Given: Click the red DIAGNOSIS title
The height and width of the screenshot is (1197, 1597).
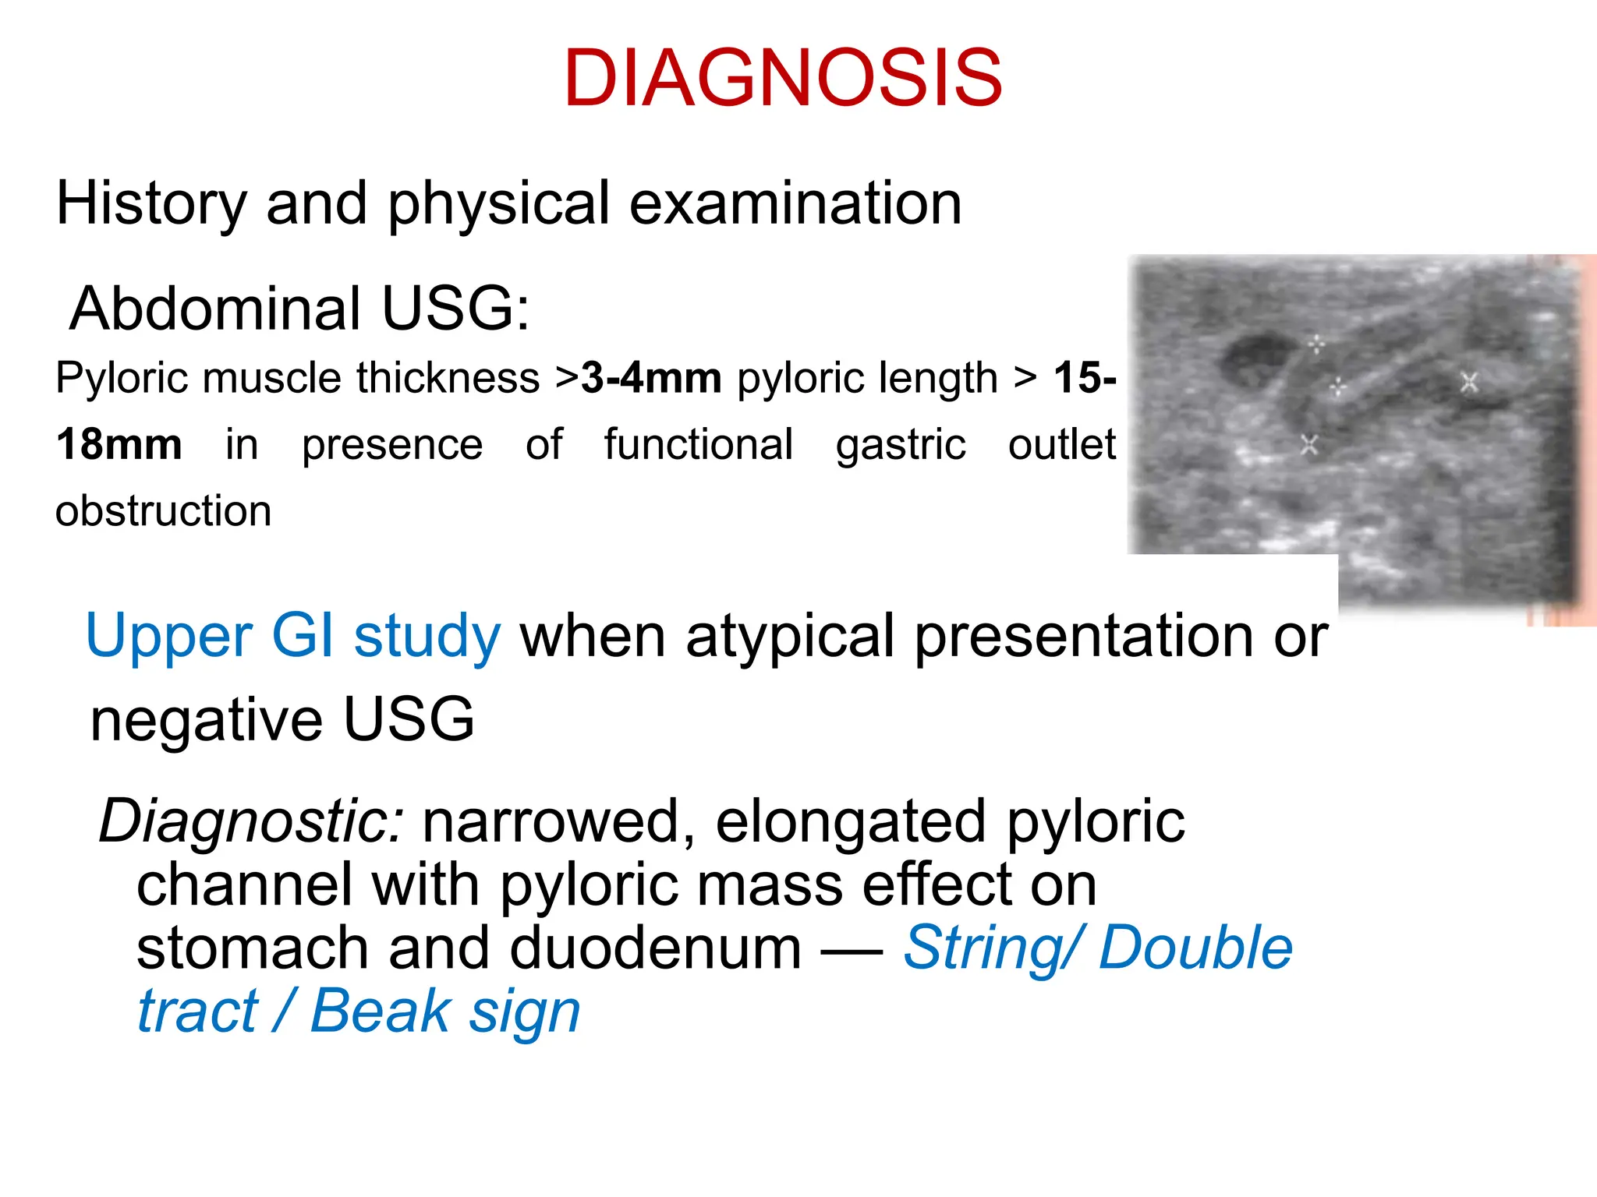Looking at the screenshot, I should point(783,79).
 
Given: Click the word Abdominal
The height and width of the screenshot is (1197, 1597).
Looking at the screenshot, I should point(215,309).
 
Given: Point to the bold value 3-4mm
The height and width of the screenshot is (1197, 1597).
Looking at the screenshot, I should point(652,378).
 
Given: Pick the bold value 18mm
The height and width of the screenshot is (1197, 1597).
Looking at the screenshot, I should point(119,445).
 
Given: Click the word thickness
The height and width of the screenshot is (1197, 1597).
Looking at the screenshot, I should point(448,378).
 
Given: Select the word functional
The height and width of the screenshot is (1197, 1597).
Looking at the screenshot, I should point(699,445).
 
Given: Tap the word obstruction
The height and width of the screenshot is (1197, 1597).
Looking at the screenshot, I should point(164,511).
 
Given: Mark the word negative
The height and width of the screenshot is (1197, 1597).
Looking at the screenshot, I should point(207,719).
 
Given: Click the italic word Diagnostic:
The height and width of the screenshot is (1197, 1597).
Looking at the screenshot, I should point(252,821).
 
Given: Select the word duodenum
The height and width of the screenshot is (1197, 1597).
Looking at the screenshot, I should point(655,948).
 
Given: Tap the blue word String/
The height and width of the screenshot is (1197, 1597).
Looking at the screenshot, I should point(992,948).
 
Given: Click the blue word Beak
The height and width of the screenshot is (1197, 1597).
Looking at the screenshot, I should point(381,1012).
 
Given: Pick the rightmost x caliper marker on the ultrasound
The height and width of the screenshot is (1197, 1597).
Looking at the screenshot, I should point(1470,383).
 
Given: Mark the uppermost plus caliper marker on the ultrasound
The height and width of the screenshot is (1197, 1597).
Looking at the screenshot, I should point(1316,344).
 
